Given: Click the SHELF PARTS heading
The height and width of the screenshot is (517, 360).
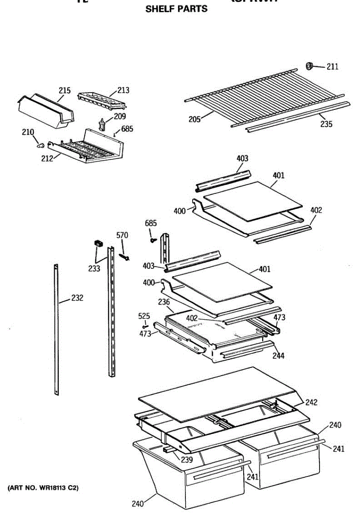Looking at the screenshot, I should coord(176,9).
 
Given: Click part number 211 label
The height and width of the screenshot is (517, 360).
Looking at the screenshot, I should coord(332,66).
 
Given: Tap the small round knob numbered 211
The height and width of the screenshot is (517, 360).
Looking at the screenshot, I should coord(309,66).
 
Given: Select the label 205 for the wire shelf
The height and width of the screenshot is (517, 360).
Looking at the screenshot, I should coord(194,119).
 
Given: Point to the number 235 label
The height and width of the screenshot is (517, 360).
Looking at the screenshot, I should coord(326,124).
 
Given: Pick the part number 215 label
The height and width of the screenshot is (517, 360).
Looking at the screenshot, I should coord(65,90).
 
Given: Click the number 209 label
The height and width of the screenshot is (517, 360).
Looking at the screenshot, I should coord(120,116).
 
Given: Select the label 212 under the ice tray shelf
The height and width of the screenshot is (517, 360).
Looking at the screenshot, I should coord(47,158).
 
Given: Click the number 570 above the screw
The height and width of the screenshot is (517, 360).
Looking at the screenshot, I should coord(122,235).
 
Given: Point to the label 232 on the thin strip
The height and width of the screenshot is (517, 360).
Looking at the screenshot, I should coord(77,298).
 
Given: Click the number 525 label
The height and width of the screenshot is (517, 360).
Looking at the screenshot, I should coord(144,316).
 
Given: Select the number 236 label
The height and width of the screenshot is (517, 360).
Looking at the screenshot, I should coord(164,302).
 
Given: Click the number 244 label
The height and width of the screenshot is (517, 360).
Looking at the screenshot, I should coord(279,356).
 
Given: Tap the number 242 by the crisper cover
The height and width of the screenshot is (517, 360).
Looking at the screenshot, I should coord(311,402).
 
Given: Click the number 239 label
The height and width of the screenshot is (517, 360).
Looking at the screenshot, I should coord(187,460).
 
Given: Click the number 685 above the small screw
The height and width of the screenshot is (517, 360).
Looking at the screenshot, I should coord(151,223).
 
